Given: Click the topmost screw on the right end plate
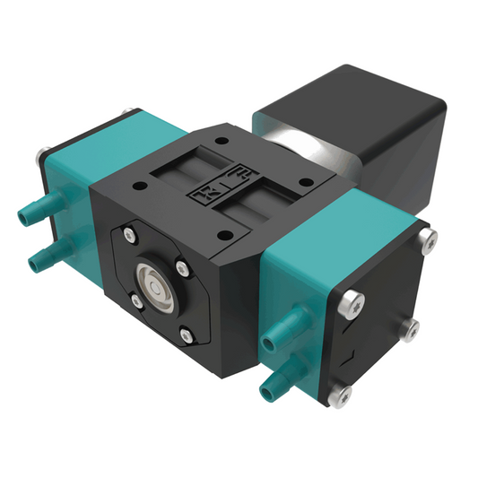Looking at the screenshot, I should tap(429, 238).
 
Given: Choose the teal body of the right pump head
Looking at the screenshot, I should tap(296, 269).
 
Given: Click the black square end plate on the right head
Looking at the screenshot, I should tap(381, 314).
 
